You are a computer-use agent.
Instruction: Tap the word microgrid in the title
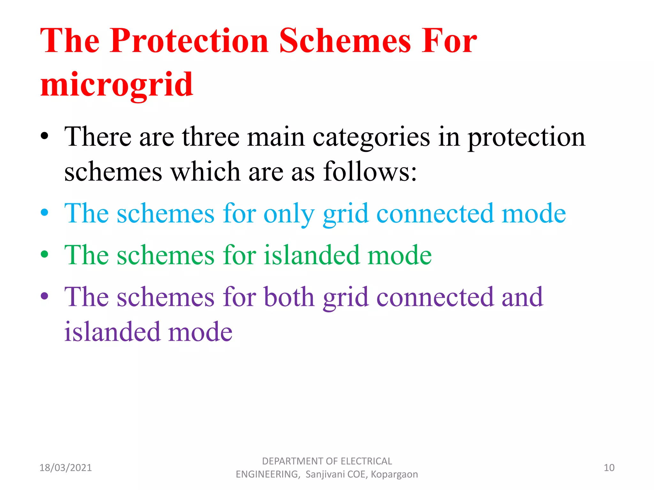tap(117, 85)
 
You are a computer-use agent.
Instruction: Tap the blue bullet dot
tap(45, 212)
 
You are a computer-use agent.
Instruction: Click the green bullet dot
tap(45, 254)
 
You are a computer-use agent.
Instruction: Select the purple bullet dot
tap(45, 296)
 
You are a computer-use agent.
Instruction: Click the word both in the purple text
tap(289, 297)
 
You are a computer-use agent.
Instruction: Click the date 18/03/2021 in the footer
tap(65, 468)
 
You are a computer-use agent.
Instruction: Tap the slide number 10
tap(609, 468)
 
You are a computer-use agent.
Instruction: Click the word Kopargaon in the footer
tap(394, 474)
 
